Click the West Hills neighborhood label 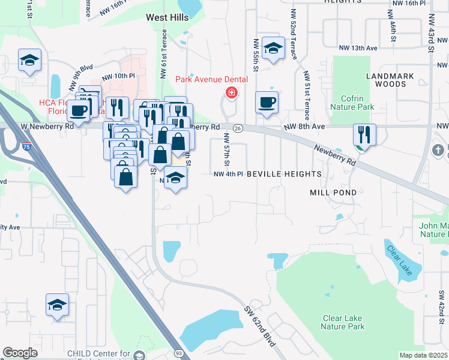point(167,18)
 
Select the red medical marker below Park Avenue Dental point(231,93)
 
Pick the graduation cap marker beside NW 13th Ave point(274,50)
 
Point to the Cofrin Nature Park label point(352,103)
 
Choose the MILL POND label point(333,193)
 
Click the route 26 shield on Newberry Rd point(238,128)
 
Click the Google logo point(20,353)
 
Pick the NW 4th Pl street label point(228,174)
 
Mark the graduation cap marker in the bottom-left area point(57,305)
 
